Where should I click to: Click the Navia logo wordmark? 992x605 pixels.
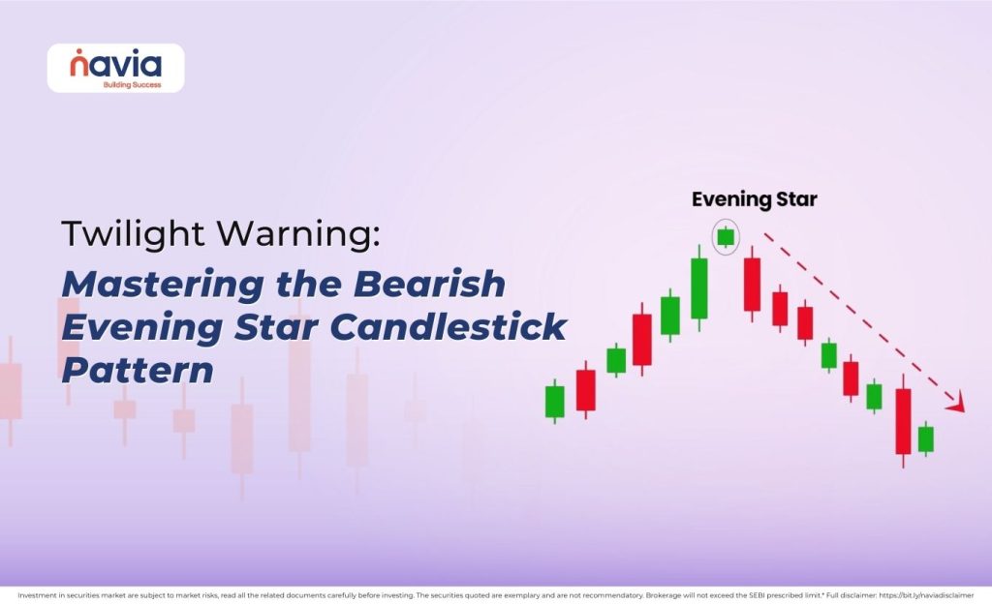point(115,65)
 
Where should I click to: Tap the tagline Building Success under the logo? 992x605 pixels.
point(132,84)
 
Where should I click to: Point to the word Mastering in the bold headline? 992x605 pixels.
point(147,285)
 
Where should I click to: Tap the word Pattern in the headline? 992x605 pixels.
point(138,370)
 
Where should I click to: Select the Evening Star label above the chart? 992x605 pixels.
point(755,200)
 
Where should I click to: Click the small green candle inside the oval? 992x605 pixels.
point(726,236)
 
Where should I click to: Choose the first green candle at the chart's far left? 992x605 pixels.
point(554,401)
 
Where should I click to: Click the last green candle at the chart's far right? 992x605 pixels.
point(926,439)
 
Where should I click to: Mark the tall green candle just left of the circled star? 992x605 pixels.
point(699,287)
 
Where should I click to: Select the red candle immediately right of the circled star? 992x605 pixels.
point(752,284)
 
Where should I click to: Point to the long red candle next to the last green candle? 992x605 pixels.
point(903,420)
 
